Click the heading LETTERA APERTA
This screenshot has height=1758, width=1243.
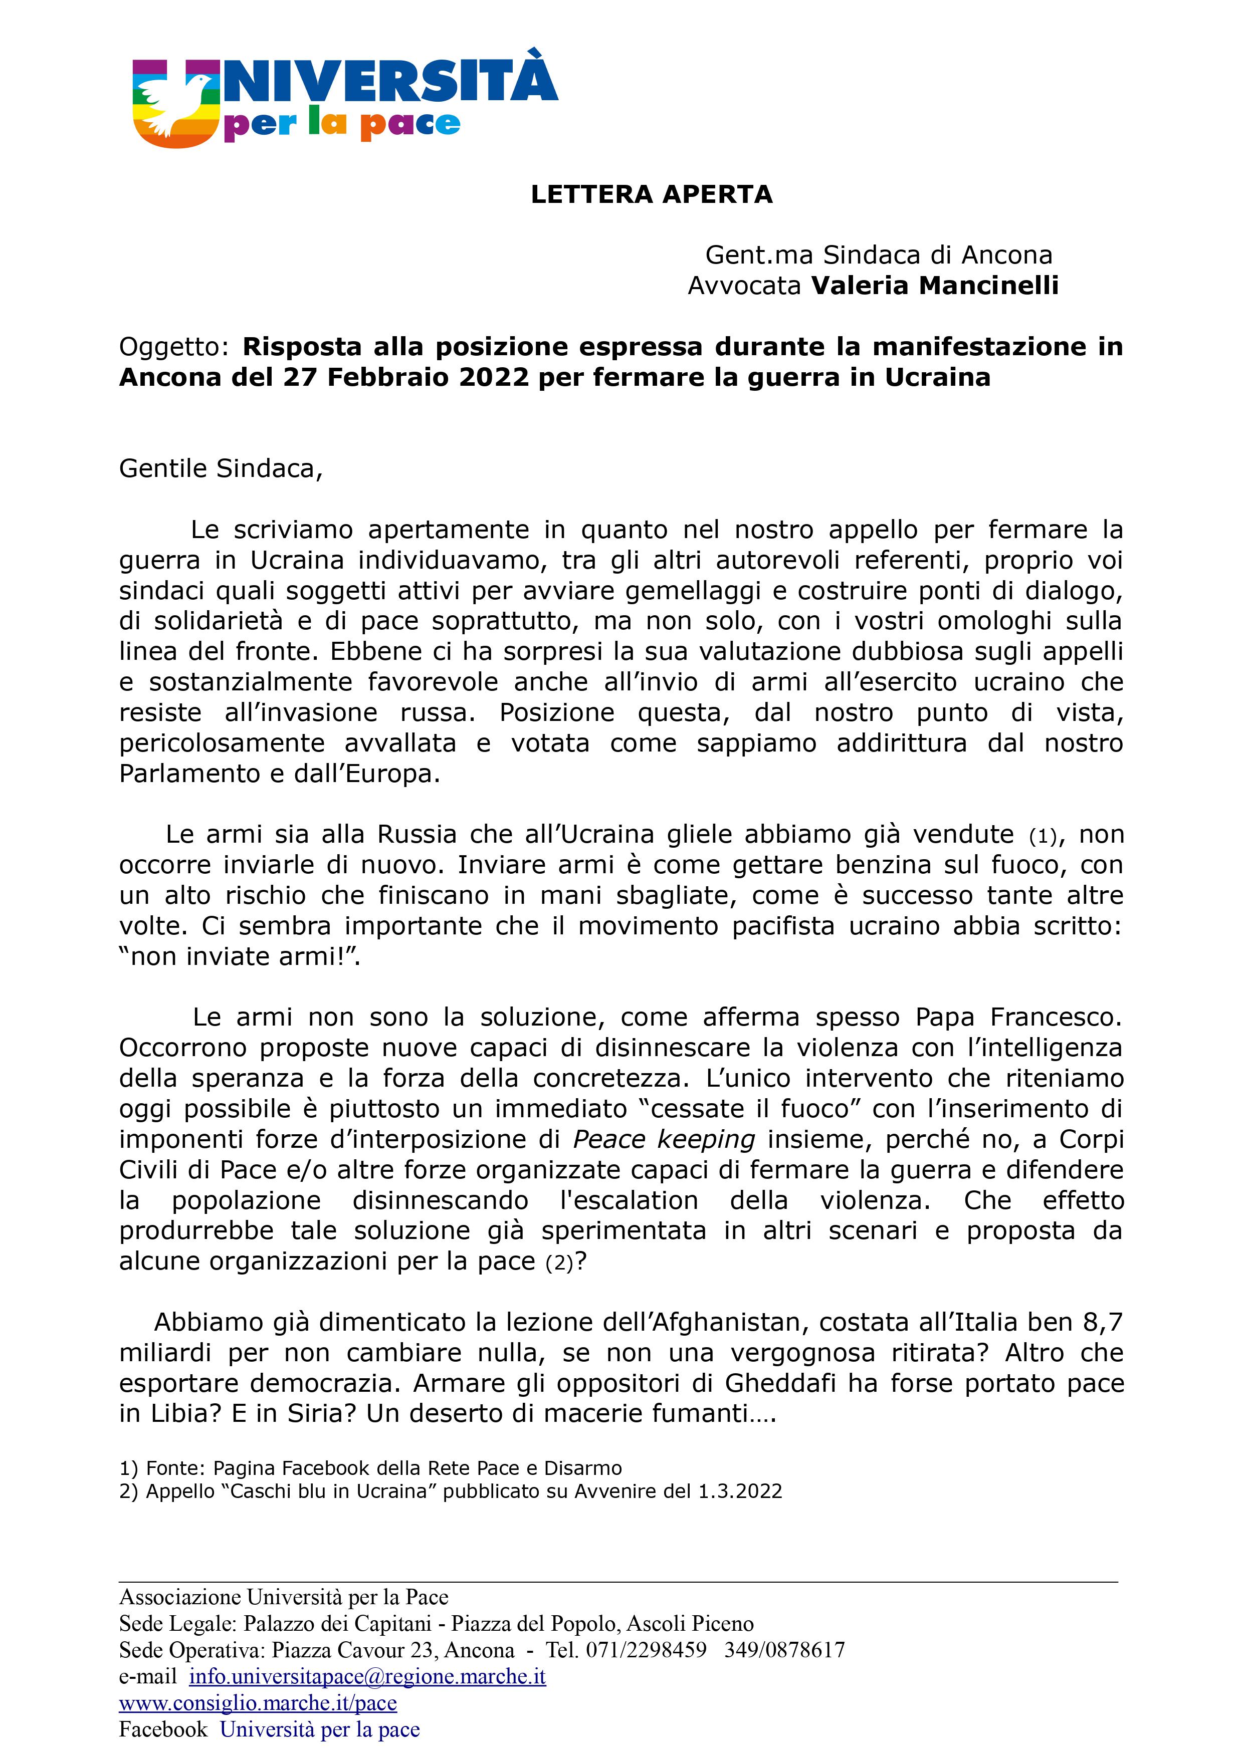651,194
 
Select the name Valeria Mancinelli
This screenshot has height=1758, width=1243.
934,286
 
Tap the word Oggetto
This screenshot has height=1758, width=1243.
173,347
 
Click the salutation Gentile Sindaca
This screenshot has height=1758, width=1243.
221,468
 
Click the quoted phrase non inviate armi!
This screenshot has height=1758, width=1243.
239,957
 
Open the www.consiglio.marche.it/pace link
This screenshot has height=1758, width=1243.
258,1703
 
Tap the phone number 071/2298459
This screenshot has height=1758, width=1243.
646,1650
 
